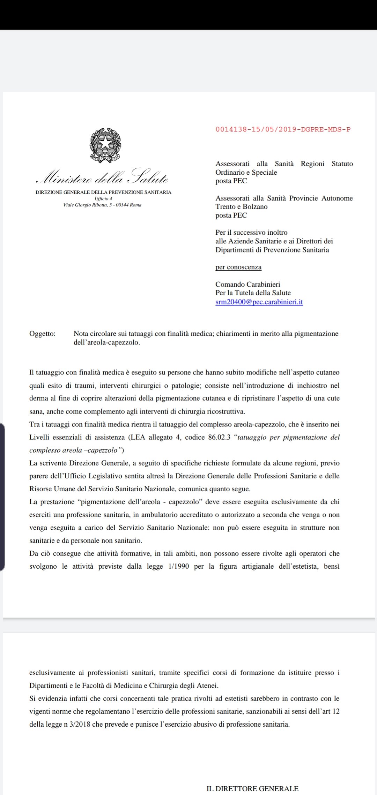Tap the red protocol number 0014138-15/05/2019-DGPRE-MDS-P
pyautogui.click(x=283, y=129)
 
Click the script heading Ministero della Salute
pyautogui.click(x=102, y=177)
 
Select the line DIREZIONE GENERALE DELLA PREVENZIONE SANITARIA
pyautogui.click(x=103, y=192)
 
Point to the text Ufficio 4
pyautogui.click(x=103, y=198)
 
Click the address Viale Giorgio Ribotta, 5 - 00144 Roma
pyautogui.click(x=102, y=205)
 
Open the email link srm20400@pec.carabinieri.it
pyautogui.click(x=259, y=302)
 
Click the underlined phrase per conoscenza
pyautogui.click(x=238, y=267)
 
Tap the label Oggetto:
pyautogui.click(x=42, y=334)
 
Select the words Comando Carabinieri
pyautogui.click(x=248, y=285)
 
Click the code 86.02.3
pyautogui.click(x=219, y=437)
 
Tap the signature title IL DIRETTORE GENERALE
pyautogui.click(x=252, y=789)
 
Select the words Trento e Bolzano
pyautogui.click(x=242, y=207)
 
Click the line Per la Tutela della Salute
pyautogui.click(x=253, y=293)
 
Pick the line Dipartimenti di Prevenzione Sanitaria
pyautogui.click(x=272, y=250)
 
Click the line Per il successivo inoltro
pyautogui.click(x=251, y=233)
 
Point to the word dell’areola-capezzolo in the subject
pyautogui.click(x=107, y=342)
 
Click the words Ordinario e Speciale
pyautogui.click(x=246, y=172)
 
